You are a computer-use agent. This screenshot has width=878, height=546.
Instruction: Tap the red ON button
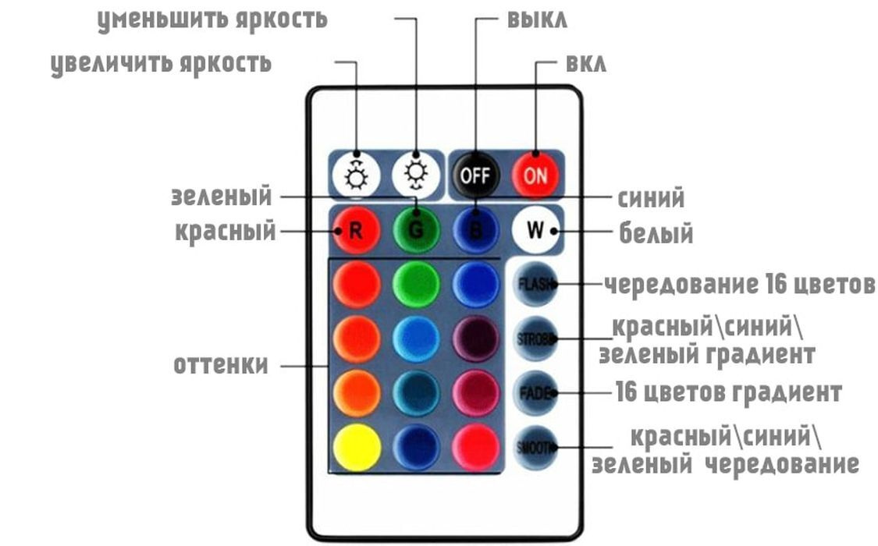[535, 174]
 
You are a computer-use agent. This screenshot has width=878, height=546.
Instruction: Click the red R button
[357, 231]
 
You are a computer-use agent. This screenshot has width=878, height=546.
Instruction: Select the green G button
[416, 231]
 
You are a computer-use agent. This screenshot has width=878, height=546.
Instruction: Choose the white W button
[536, 231]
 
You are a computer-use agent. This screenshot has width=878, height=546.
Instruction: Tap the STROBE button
[535, 339]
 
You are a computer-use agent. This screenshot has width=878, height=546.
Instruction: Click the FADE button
[535, 392]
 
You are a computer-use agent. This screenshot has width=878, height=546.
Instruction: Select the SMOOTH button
[535, 447]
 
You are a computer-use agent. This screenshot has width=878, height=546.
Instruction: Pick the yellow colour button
[357, 447]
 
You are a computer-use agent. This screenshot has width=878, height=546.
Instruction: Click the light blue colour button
[416, 339]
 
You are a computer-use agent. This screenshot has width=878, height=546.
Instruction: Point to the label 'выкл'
[537, 19]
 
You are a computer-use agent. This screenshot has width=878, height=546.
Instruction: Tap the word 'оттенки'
[221, 364]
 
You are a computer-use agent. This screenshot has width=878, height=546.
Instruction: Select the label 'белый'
[656, 232]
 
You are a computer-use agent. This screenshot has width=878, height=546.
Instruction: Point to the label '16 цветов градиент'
[728, 392]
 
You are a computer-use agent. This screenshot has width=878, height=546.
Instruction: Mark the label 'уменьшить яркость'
[212, 19]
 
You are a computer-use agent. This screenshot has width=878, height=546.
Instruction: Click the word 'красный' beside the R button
[225, 231]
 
